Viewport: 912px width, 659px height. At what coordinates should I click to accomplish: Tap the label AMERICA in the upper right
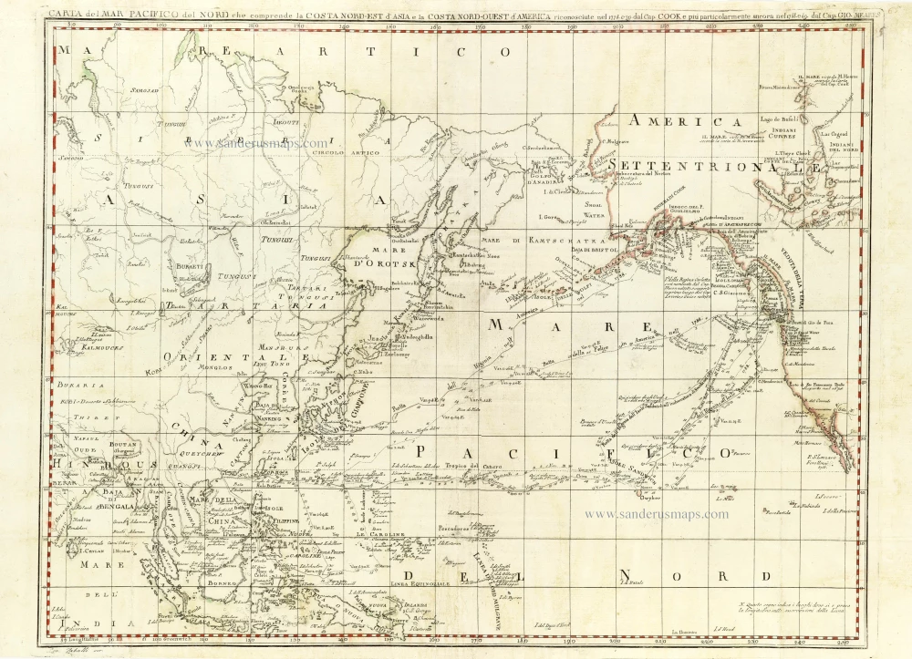(688, 121)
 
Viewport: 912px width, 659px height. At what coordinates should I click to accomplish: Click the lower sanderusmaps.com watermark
(656, 514)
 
